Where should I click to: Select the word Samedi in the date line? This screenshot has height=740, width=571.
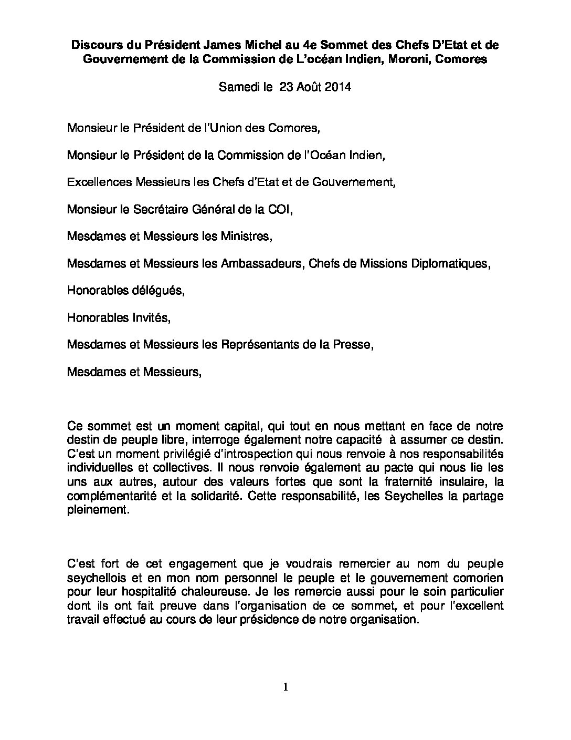236,87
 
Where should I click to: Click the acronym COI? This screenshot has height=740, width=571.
278,209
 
